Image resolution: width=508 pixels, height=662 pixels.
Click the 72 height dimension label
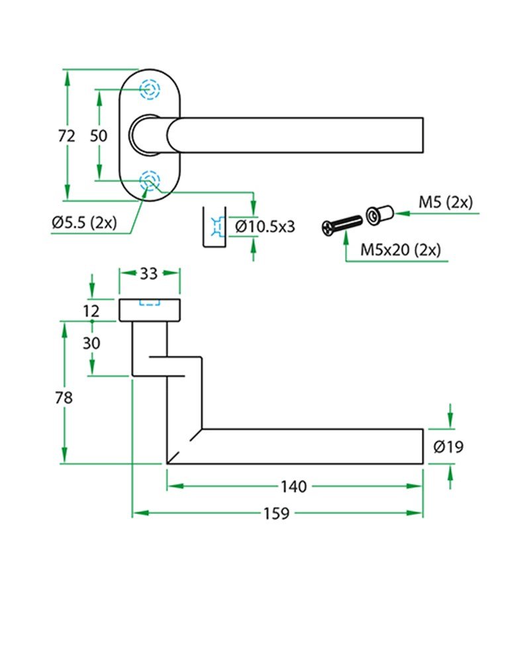pyautogui.click(x=66, y=136)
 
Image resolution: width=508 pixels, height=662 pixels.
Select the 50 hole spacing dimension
pyautogui.click(x=98, y=136)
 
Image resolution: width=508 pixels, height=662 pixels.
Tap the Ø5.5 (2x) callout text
pyautogui.click(x=83, y=223)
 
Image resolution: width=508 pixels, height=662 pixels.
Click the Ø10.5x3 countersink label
pyautogui.click(x=265, y=227)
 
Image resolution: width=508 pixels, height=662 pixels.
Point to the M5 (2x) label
pyautogui.click(x=445, y=202)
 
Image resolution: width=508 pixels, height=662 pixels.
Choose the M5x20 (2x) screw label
pyautogui.click(x=400, y=250)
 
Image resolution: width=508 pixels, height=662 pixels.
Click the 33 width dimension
pyautogui.click(x=149, y=273)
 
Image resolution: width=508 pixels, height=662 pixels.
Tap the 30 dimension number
pyautogui.click(x=91, y=344)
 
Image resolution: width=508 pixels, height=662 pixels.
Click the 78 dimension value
pyautogui.click(x=64, y=398)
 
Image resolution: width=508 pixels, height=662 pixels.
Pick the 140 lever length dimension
pyautogui.click(x=293, y=487)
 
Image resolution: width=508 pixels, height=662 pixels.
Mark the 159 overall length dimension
pyautogui.click(x=276, y=513)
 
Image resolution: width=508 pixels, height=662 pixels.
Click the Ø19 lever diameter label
pyautogui.click(x=448, y=448)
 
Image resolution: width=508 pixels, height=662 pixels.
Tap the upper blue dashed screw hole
pyautogui.click(x=148, y=89)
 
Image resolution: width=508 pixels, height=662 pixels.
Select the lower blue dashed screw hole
pyautogui.click(x=148, y=181)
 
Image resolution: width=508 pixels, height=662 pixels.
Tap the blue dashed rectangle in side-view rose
pyautogui.click(x=149, y=304)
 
